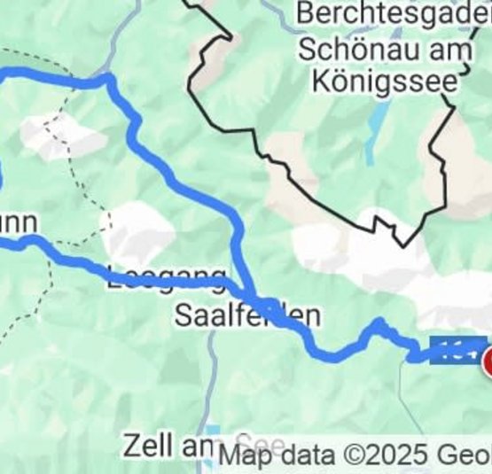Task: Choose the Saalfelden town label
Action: click(246, 315)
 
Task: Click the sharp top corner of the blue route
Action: click(109, 79)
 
